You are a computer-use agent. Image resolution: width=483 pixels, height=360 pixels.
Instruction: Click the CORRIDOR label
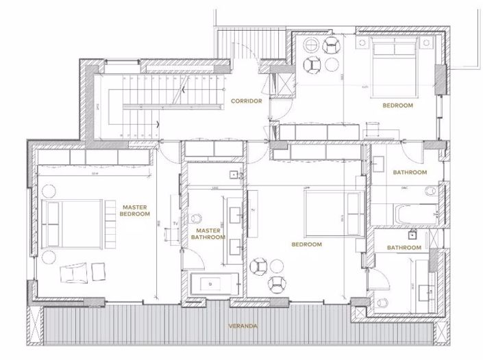[247, 101]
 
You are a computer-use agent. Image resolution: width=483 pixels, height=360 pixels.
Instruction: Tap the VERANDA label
[244, 326]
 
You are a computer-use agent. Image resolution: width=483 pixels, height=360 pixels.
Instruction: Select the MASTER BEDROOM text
[136, 209]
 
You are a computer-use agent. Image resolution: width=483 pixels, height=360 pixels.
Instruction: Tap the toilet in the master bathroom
[197, 220]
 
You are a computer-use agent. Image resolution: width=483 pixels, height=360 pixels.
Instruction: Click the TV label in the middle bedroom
[252, 209]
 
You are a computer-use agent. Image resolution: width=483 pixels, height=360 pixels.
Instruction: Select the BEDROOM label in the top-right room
[397, 106]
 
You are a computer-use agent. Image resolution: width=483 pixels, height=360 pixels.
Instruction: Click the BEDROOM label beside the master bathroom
[307, 244]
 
